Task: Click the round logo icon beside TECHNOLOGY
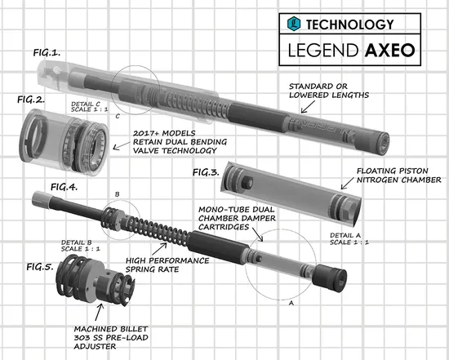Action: tap(296, 25)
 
